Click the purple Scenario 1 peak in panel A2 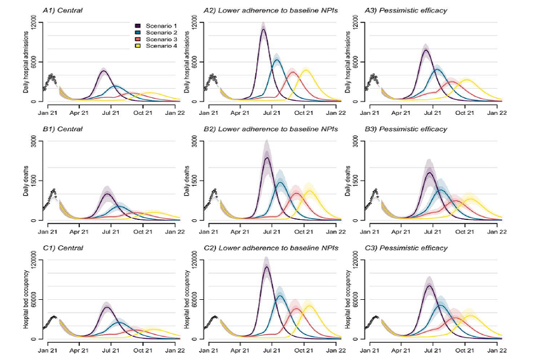pyautogui.click(x=263, y=29)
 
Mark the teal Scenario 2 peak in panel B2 pyautogui.click(x=280, y=182)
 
